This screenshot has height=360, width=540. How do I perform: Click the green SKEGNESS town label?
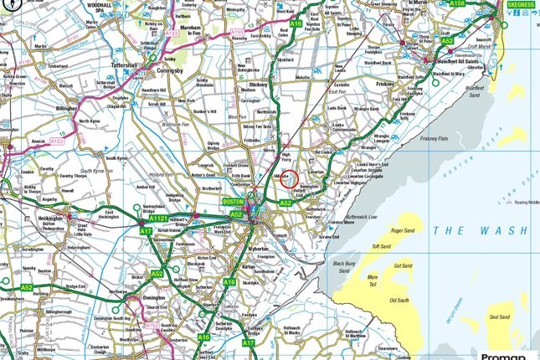pyautogui.click(x=522, y=4)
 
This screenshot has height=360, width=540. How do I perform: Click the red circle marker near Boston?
pyautogui.click(x=288, y=179)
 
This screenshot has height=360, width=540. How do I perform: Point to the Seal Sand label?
pyautogui.click(x=499, y=317)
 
